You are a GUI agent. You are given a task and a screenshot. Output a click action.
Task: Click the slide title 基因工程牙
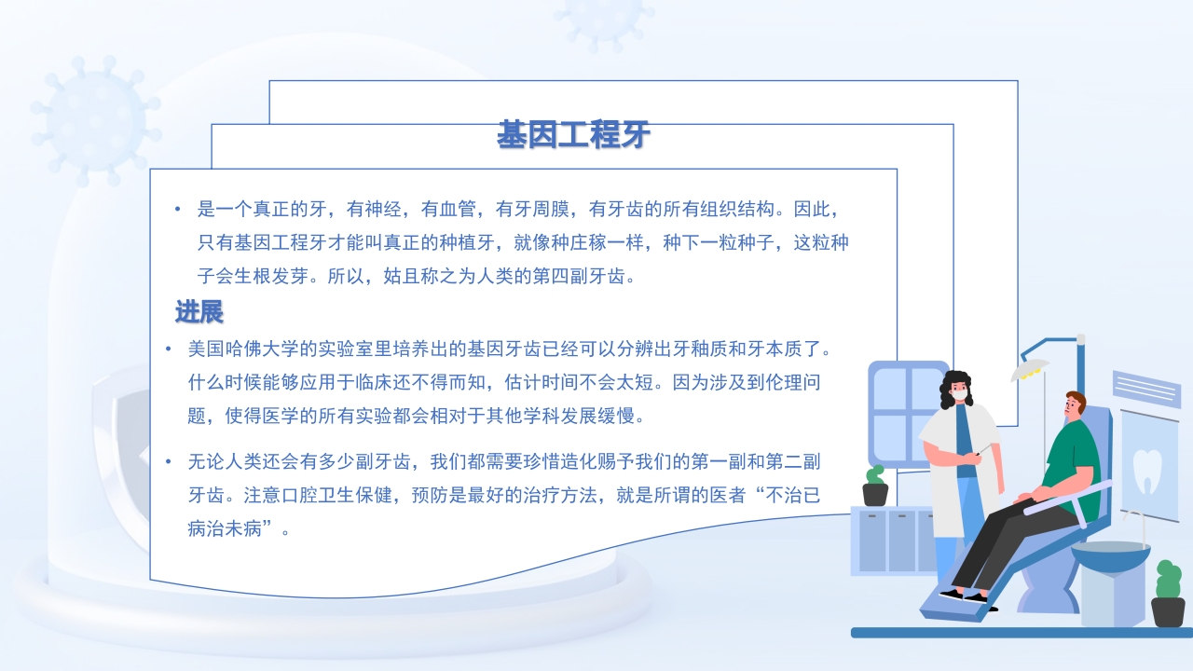(573, 136)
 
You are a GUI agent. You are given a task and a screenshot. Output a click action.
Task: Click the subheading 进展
(199, 311)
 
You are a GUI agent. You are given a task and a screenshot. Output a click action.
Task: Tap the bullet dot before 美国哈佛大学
(169, 349)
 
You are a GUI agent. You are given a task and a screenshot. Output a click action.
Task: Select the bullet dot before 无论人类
(169, 461)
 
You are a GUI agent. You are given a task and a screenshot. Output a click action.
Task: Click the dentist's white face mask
(959, 396)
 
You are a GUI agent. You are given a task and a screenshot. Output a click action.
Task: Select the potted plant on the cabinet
(874, 486)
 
